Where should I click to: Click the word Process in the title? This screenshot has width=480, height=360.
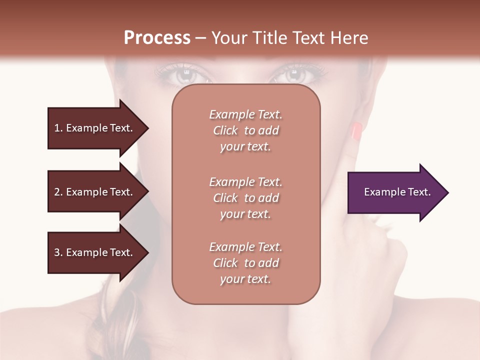coord(157,38)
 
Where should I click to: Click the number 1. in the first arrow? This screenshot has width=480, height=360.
coord(58,128)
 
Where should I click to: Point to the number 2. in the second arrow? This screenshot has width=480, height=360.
coord(58,192)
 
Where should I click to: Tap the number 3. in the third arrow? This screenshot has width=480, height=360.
coord(58,252)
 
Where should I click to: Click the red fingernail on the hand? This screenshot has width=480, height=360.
coord(356,131)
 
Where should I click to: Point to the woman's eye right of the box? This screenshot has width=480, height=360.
coord(295,76)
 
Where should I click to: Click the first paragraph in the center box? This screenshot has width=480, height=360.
coord(245,130)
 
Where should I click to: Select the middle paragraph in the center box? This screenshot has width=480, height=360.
coord(245,198)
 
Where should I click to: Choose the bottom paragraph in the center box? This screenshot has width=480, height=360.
coord(245,263)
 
